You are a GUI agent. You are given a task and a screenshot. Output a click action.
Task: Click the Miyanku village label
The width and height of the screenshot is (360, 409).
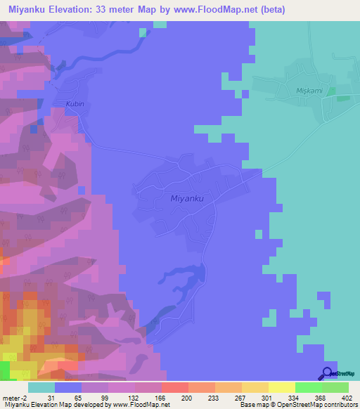coord(187,198)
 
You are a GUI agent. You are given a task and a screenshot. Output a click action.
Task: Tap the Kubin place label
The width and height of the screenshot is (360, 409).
coord(75,104)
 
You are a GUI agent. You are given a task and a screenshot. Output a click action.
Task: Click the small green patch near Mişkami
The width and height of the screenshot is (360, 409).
coord(342,96)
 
